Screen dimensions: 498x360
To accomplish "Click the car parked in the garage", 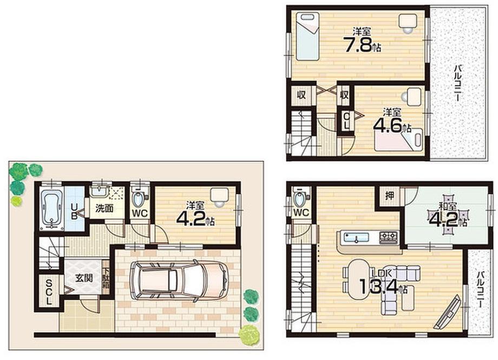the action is click(179, 280).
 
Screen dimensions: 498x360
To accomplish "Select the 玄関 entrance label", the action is click(84, 278).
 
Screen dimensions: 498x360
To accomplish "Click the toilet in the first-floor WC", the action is click(139, 199).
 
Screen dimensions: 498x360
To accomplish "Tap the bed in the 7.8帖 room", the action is click(307, 36).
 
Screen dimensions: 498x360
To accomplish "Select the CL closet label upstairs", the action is click(346, 121).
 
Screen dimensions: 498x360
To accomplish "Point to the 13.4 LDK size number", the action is click(378, 286).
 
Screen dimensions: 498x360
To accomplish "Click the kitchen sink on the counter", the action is click(357, 237).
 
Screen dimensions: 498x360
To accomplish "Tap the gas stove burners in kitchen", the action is click(389, 236).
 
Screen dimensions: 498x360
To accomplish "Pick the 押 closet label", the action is click(389, 195).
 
